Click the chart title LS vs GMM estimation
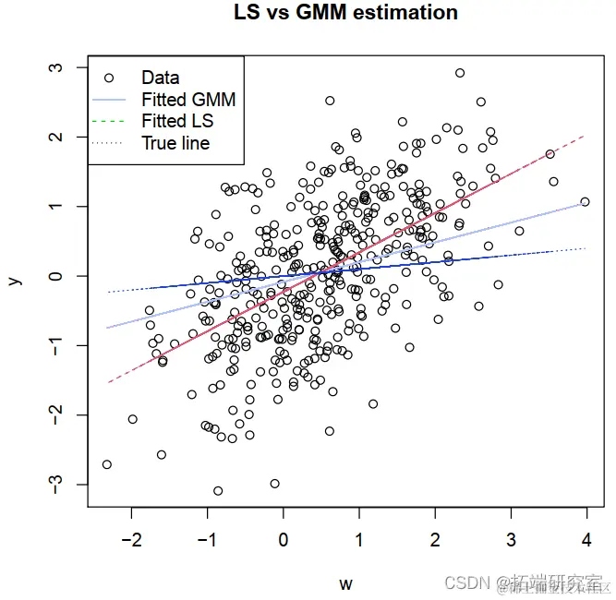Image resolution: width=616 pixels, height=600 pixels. pyautogui.click(x=344, y=13)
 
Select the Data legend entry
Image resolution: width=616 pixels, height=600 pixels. pyautogui.click(x=160, y=78)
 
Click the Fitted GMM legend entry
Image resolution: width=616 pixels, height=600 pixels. pyautogui.click(x=187, y=99)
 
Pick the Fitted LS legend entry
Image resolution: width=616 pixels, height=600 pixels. pyautogui.click(x=176, y=121)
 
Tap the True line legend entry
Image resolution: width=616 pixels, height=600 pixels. pyautogui.click(x=175, y=143)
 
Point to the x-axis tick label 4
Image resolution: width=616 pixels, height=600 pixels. pyautogui.click(x=586, y=540)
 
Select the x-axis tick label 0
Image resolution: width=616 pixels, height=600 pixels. pyautogui.click(x=284, y=540)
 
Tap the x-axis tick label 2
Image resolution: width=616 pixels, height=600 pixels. pyautogui.click(x=435, y=540)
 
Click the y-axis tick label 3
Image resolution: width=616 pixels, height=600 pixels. pyautogui.click(x=56, y=68)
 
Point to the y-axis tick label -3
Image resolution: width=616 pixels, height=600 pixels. pyautogui.click(x=56, y=485)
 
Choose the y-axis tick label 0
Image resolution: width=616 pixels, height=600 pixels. pyautogui.click(x=56, y=276)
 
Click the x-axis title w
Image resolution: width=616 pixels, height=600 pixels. pyautogui.click(x=345, y=583)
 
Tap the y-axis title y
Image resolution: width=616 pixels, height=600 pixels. pyautogui.click(x=16, y=277)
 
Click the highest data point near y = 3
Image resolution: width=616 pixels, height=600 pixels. pyautogui.click(x=460, y=73)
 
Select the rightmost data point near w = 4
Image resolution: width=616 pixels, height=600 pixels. pyautogui.click(x=585, y=201)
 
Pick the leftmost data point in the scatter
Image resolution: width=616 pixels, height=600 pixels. pyautogui.click(x=107, y=464)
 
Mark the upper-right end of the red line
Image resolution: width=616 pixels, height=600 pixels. pyautogui.click(x=585, y=136)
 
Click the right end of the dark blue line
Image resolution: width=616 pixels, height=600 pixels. pyautogui.click(x=586, y=248)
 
